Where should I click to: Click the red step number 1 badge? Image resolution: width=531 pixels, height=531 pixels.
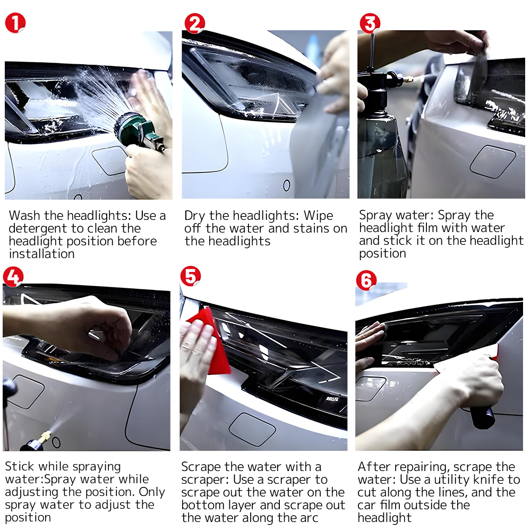coord(15,23)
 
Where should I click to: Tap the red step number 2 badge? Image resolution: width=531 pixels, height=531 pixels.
coord(194,23)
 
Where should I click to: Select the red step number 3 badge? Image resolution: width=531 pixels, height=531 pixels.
coord(370,23)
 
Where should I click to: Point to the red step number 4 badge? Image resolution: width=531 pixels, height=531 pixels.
coord(13,276)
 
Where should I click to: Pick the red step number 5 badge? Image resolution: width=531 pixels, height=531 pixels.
coord(190,276)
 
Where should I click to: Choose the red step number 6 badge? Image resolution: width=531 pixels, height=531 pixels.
coord(366,280)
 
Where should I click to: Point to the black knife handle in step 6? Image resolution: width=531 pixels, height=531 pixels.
coord(482,417)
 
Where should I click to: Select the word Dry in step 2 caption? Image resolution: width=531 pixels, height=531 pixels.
coord(195,216)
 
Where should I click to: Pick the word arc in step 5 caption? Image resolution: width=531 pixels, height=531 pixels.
coord(309,518)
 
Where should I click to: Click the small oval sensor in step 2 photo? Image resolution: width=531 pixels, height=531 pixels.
coord(287,185)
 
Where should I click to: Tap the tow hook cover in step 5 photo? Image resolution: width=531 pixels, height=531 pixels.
coord(252,429)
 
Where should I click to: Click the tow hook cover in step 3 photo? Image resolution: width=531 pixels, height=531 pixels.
coord(493,161)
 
